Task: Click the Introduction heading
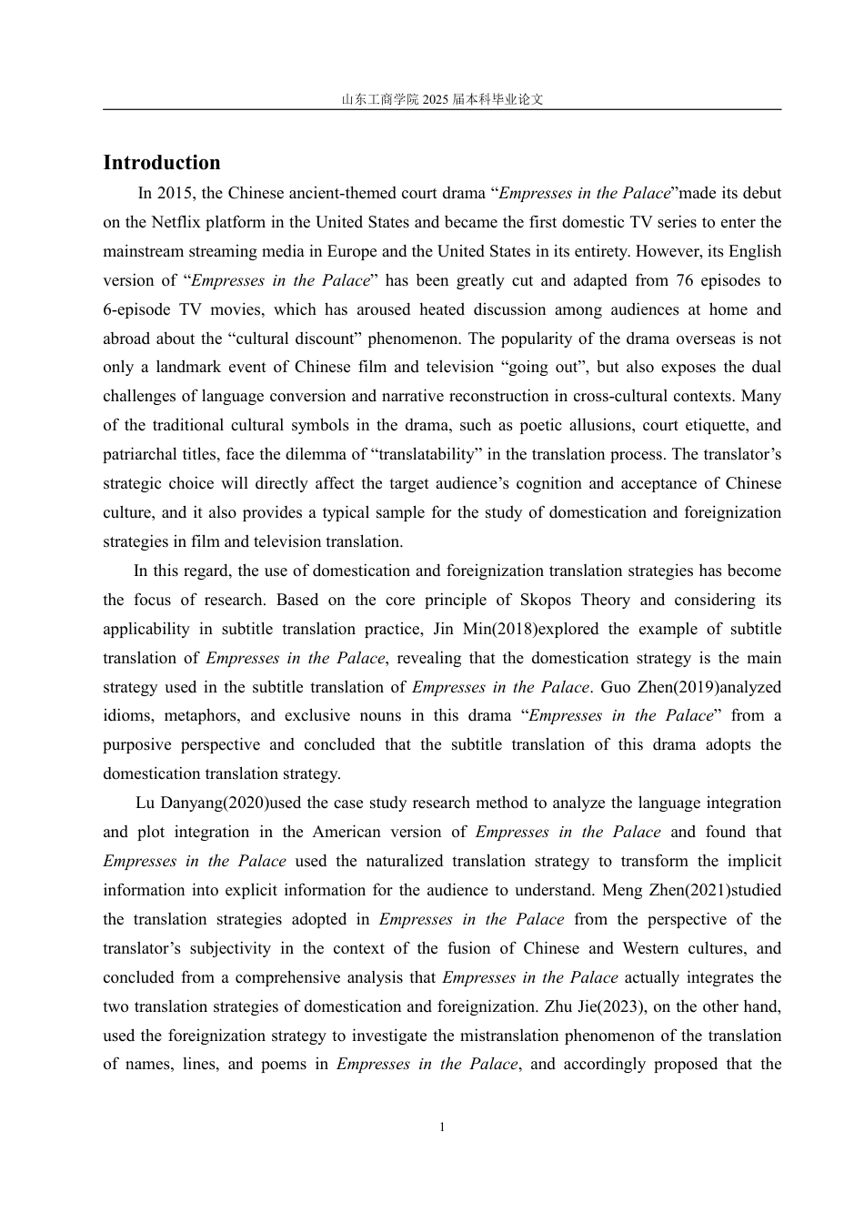point(162,163)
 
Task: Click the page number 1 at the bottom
point(442,1127)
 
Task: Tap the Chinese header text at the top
point(442,99)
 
